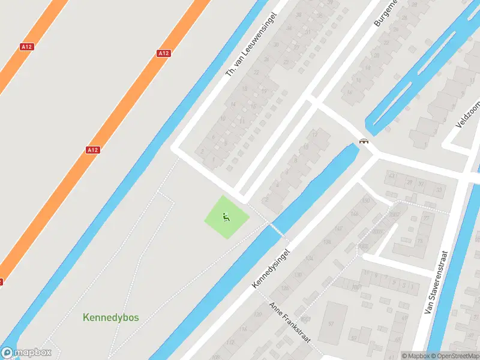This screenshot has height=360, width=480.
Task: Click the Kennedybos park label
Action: [110, 317]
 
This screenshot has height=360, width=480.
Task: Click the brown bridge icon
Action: [364, 142]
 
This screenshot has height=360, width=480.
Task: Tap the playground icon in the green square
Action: [226, 217]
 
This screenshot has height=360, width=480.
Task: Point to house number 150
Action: [365, 200]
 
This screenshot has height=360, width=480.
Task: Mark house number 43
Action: [392, 176]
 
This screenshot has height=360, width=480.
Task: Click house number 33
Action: [439, 190]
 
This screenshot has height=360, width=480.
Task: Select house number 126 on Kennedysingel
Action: [284, 289]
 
